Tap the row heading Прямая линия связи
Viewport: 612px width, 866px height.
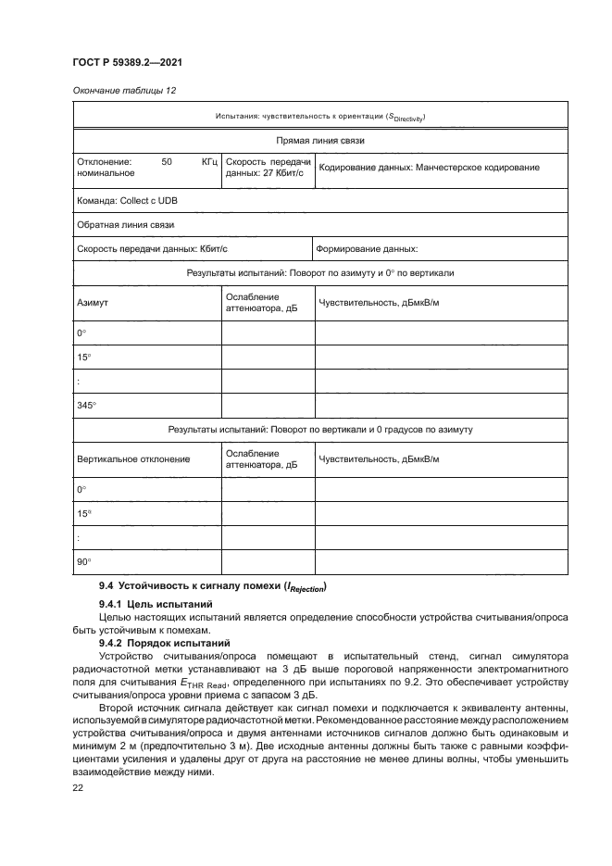tap(320, 141)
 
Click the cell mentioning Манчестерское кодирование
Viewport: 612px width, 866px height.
tap(428, 168)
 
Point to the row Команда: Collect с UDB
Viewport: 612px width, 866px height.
tap(127, 200)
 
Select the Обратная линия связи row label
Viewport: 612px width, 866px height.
tap(125, 224)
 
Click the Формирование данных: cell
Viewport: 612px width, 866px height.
tap(368, 248)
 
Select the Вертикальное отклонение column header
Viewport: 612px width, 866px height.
tap(133, 459)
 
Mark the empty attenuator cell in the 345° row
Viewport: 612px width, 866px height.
tap(267, 405)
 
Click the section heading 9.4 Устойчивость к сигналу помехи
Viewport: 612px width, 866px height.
tap(213, 586)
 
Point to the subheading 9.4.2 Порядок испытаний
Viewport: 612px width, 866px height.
tap(160, 641)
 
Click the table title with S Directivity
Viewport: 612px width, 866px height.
tap(320, 116)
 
